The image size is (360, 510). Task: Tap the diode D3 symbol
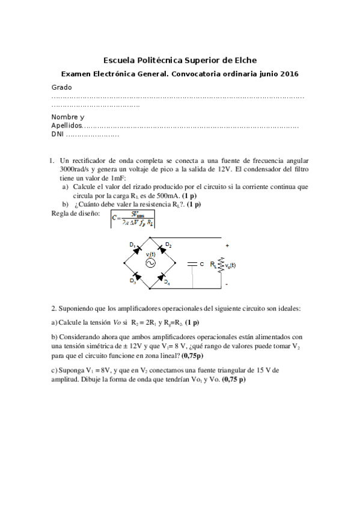[x=138, y=276]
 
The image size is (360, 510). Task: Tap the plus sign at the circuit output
[x=227, y=246]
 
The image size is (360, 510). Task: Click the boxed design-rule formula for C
[x=132, y=220]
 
